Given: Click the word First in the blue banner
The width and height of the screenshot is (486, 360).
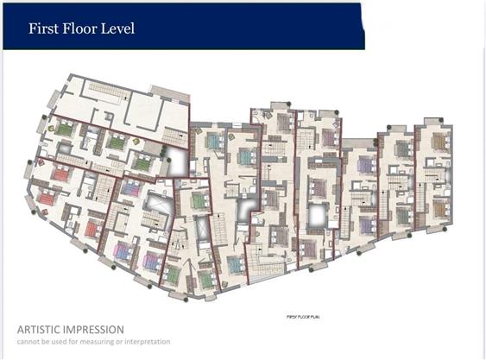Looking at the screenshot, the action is pos(43,28).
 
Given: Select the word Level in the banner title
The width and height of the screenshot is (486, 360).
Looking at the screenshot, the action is pos(118,28).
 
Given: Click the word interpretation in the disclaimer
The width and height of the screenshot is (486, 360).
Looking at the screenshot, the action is pos(148,342).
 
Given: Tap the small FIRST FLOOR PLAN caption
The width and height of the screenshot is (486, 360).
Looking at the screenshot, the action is pos(303,317).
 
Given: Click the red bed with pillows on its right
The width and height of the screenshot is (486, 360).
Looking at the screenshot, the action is pos(93,229).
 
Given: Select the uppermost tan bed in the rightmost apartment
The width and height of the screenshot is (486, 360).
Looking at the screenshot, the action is pos(441,142).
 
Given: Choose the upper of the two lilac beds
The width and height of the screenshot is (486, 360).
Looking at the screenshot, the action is pos(367,164).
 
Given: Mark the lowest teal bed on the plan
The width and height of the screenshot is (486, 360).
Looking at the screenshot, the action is pos(237,265).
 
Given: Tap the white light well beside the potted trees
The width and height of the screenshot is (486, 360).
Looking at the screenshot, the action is pos(177,162).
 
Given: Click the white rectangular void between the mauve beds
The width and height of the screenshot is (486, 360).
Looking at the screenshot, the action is pos(317,216).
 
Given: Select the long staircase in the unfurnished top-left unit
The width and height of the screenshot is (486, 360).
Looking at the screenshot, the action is pos(107,90).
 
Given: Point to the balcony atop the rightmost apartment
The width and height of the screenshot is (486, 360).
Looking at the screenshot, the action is pos(434,122).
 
